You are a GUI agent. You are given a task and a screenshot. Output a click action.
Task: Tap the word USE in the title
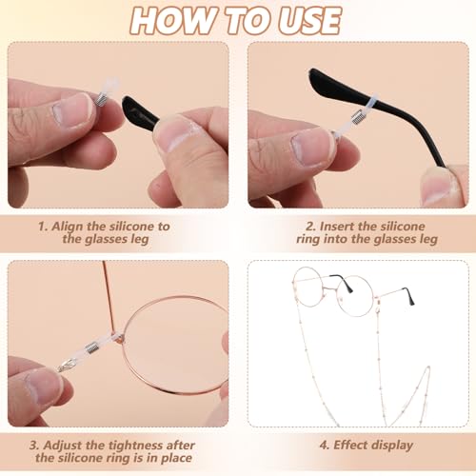[x=304, y=20]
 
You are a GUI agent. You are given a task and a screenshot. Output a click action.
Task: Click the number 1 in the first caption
[x=42, y=227]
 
